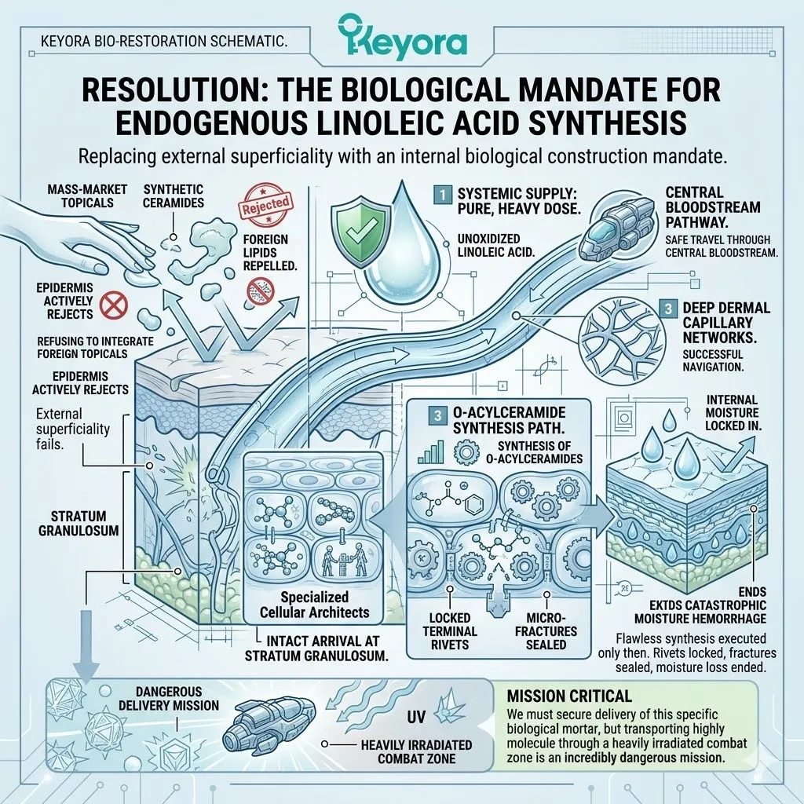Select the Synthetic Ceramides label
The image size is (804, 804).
(174, 196)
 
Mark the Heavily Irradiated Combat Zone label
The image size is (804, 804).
(407, 751)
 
